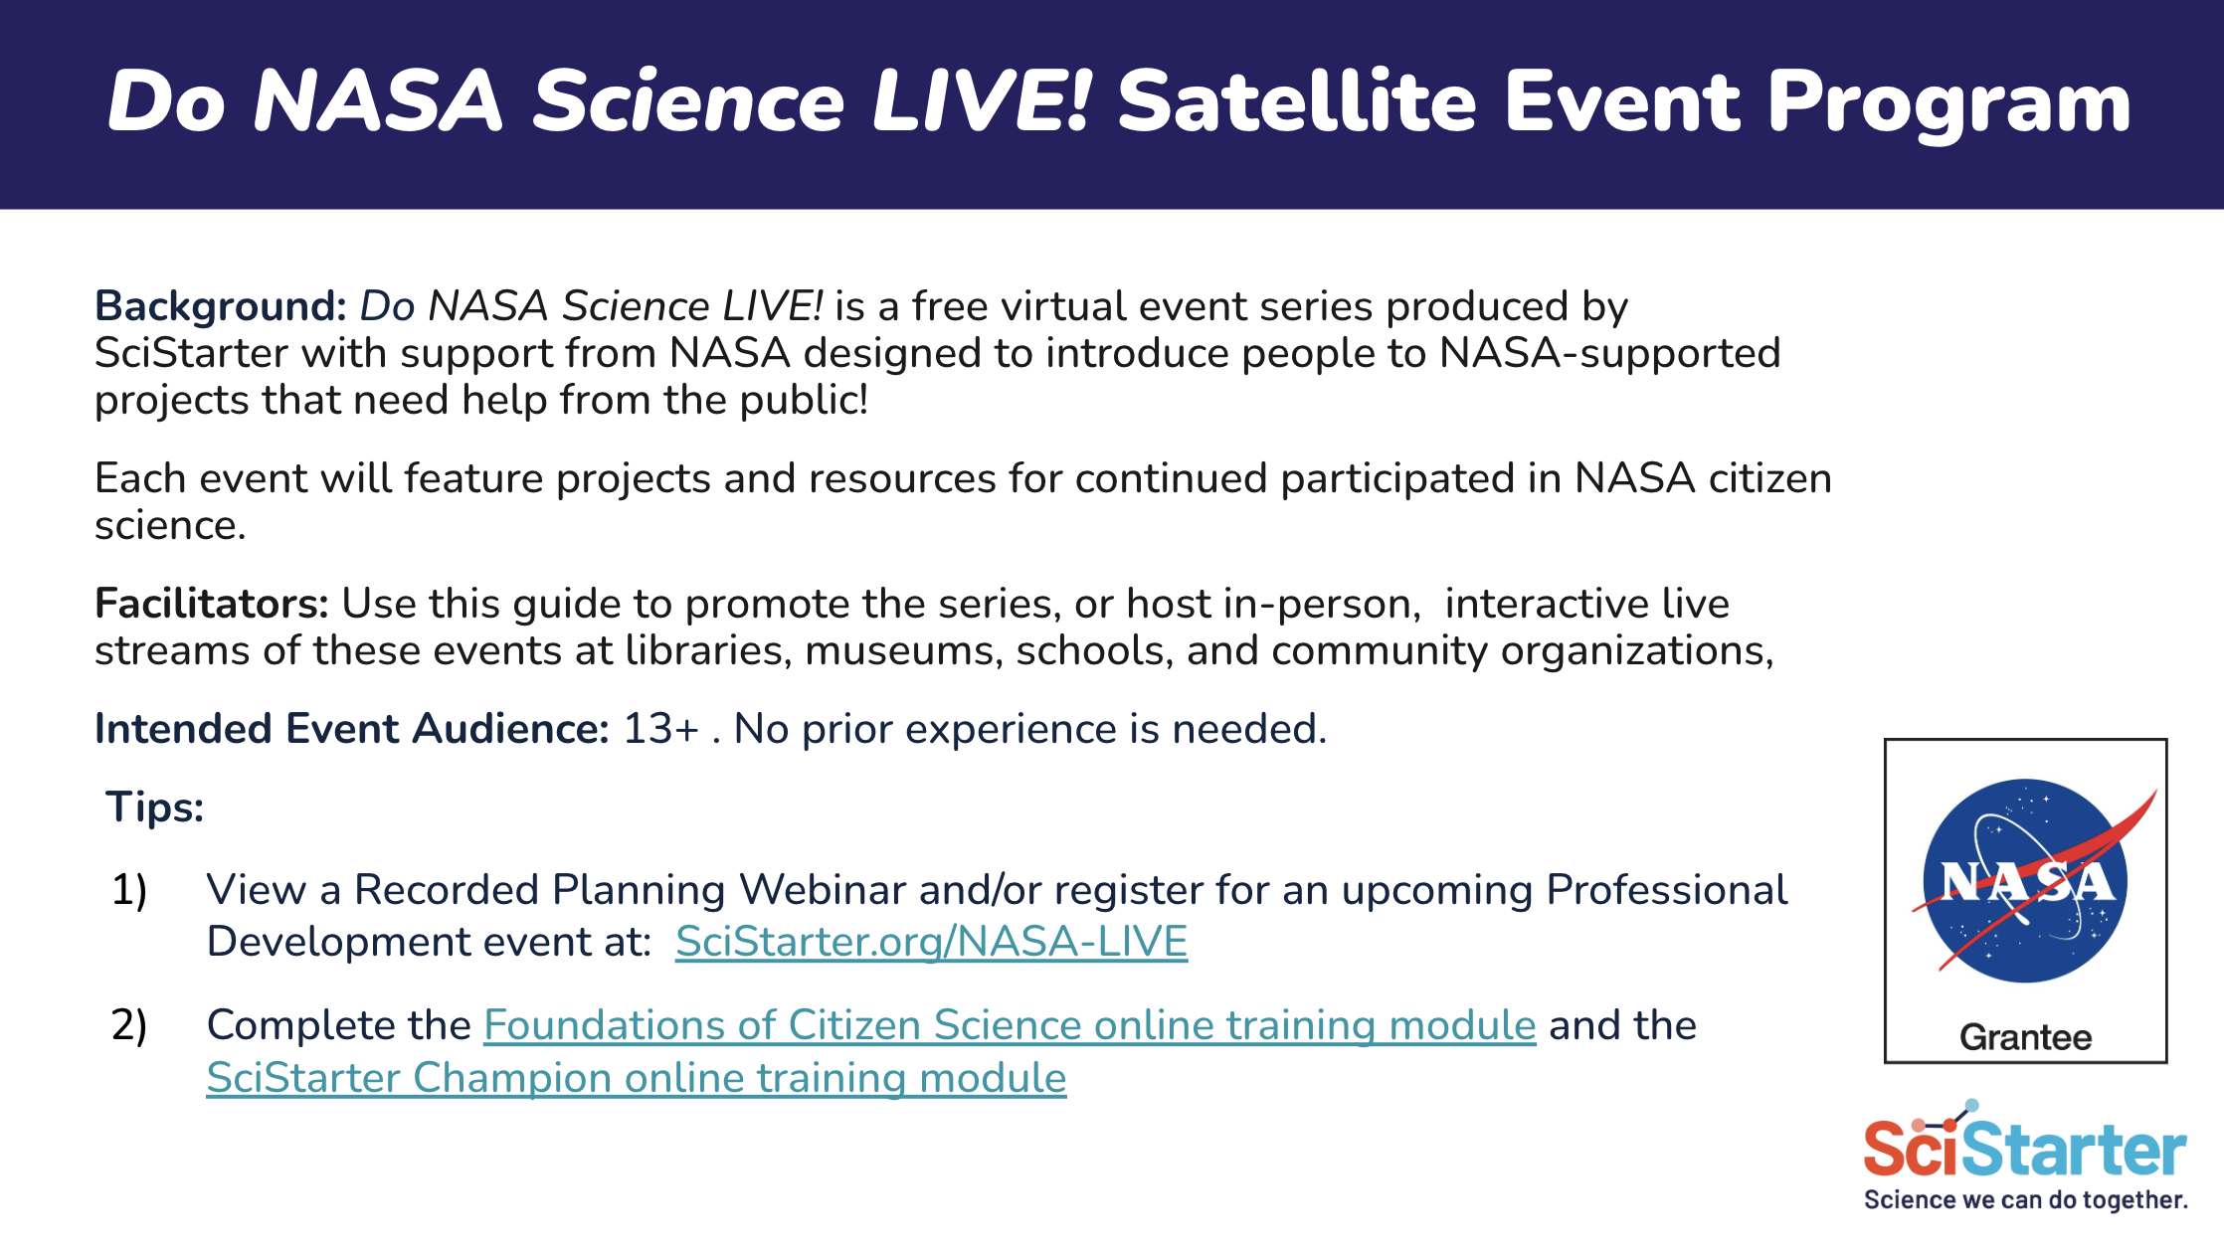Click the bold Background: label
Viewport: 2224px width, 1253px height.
[x=220, y=306]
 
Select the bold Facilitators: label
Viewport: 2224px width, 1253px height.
[x=211, y=604]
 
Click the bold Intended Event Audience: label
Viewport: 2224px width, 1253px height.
[x=352, y=729]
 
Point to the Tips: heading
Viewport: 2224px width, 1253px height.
[x=155, y=806]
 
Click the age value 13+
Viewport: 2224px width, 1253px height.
[x=661, y=729]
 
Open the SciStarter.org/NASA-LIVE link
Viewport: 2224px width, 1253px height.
[x=932, y=942]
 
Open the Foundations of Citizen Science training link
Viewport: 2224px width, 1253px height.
[x=1010, y=1025]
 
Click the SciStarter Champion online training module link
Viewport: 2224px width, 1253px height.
[x=637, y=1078]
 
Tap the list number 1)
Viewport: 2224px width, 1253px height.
[x=129, y=890]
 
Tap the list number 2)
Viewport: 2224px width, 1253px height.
[x=129, y=1025]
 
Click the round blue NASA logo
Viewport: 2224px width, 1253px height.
[x=2026, y=881]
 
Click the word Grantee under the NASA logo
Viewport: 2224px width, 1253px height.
[x=2026, y=1037]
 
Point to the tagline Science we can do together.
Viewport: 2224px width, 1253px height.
[x=2026, y=1200]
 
